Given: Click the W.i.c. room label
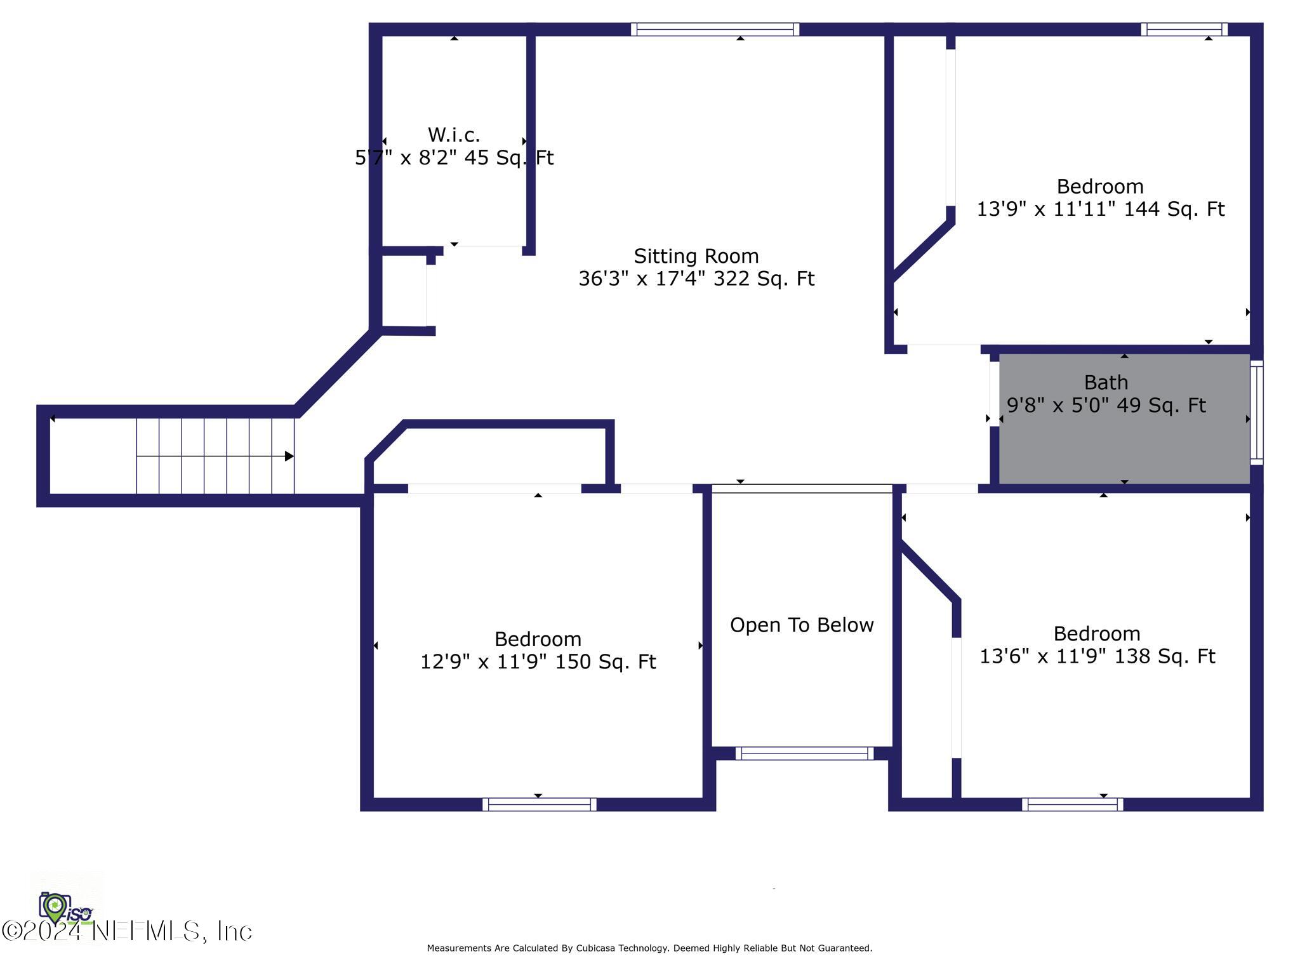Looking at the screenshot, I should click(454, 135).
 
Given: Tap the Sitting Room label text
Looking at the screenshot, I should click(696, 256).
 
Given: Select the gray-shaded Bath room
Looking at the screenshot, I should click(1124, 444).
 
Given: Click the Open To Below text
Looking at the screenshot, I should click(802, 625).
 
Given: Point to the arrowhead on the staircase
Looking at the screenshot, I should click(289, 456).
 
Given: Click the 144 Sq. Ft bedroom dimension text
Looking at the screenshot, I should click(1100, 209).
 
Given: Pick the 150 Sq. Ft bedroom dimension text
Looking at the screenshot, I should click(538, 661).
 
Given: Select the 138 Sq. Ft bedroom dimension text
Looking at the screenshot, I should click(1097, 656).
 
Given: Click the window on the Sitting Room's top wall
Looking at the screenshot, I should click(715, 29).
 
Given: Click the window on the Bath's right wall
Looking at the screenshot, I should click(1256, 413).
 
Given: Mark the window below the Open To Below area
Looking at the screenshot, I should click(804, 753).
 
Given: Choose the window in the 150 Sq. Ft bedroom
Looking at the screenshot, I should click(539, 804).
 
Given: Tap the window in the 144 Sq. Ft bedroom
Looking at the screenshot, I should click(1184, 29).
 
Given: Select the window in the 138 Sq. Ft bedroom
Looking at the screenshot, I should click(1072, 804).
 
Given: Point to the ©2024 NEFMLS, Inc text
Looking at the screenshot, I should click(127, 931).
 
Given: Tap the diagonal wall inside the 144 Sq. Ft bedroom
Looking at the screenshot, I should click(924, 249).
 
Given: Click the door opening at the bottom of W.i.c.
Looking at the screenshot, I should click(482, 249).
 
